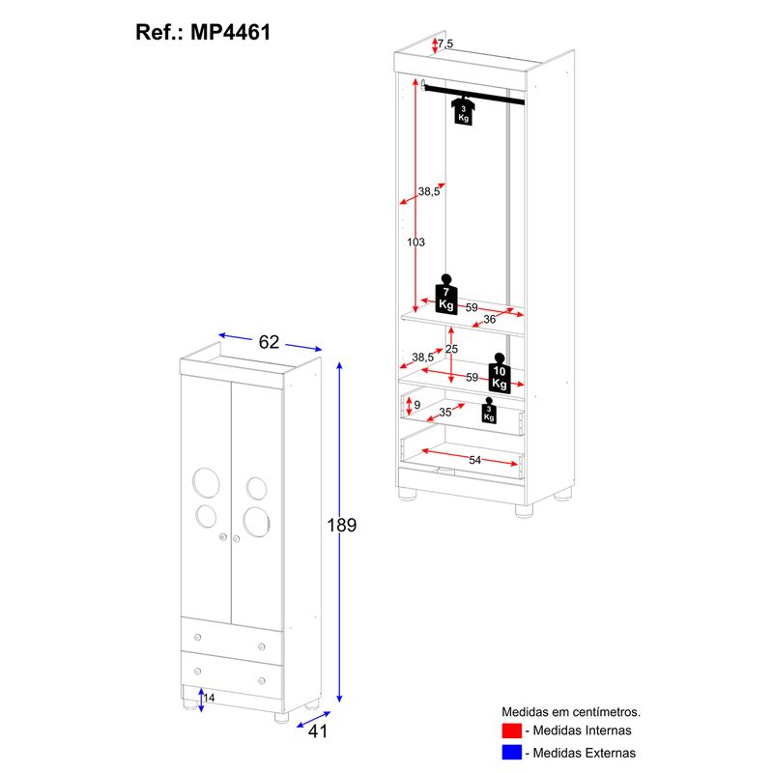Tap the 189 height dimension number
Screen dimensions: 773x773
click(342, 526)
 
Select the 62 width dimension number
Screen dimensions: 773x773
click(269, 341)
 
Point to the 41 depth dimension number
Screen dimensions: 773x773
click(319, 731)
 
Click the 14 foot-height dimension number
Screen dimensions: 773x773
click(209, 698)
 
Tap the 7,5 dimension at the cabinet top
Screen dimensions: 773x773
click(444, 44)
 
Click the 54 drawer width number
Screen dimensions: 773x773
click(474, 460)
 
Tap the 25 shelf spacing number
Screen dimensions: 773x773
click(451, 349)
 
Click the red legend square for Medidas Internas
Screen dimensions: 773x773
click(511, 730)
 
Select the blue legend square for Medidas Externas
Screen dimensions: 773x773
click(511, 753)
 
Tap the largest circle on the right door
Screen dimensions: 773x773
click(256, 522)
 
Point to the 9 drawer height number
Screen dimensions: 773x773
click(416, 406)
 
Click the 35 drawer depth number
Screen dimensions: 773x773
click(444, 413)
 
